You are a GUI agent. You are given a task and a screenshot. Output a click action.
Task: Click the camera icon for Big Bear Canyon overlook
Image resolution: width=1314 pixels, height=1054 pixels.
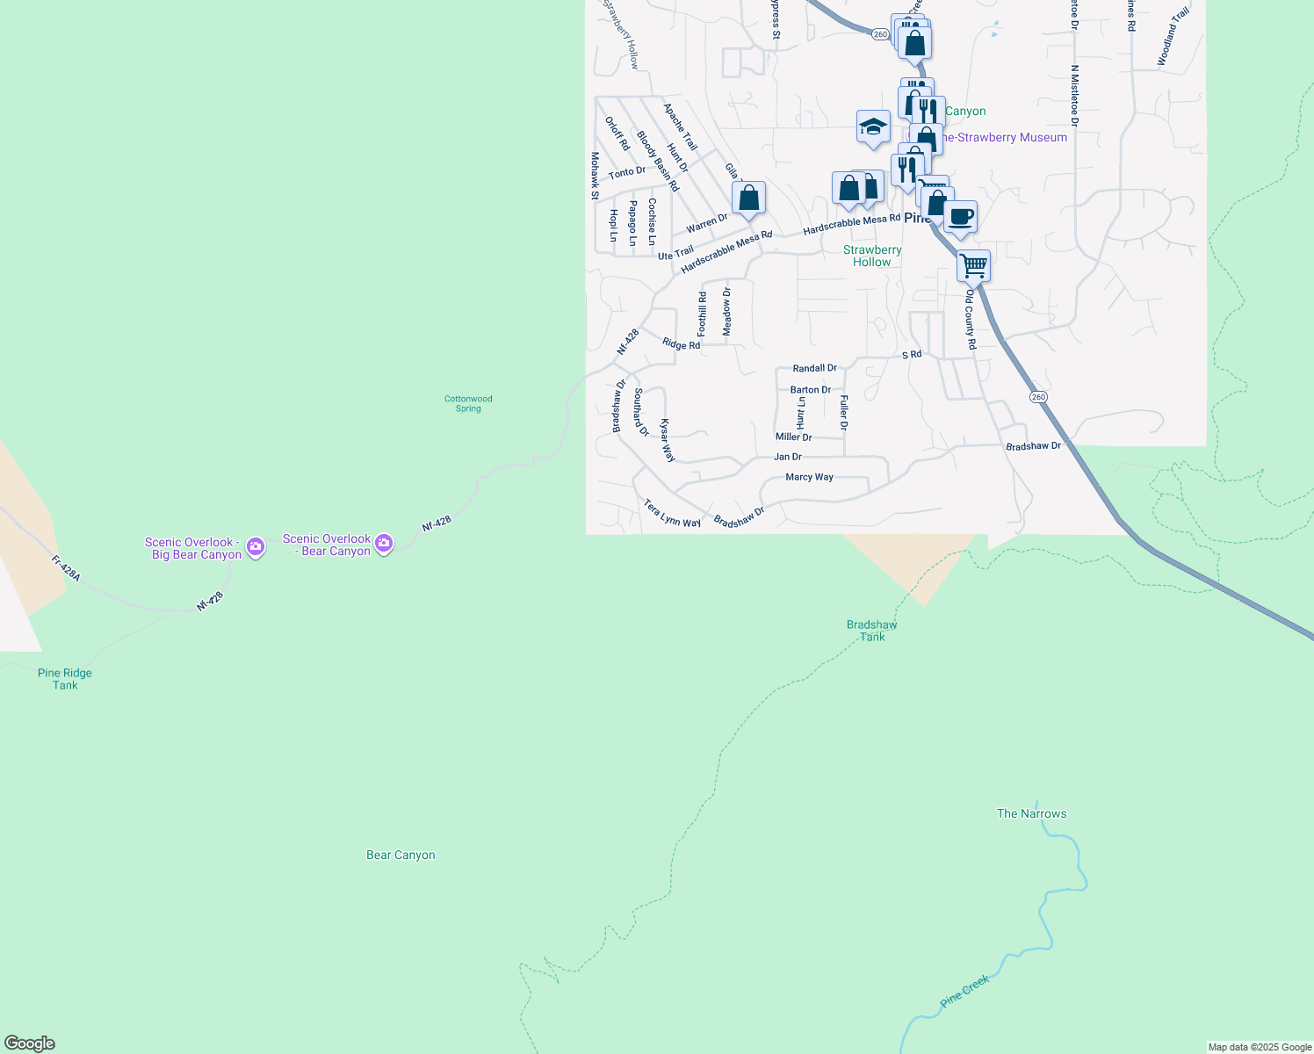256,547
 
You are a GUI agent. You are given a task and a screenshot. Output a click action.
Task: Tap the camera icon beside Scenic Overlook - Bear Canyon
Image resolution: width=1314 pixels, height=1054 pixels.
384,544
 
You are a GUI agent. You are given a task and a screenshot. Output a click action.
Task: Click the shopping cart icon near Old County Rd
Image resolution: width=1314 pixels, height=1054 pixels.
973,264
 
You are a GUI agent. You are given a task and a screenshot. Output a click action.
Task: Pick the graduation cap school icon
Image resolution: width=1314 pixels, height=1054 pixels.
873,126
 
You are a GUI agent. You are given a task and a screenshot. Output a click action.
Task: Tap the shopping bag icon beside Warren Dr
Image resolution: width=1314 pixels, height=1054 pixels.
748,198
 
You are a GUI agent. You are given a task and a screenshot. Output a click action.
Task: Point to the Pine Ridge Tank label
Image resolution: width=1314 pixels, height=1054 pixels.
65,679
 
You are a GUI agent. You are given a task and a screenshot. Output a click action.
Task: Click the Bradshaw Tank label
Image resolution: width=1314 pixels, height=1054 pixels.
871,631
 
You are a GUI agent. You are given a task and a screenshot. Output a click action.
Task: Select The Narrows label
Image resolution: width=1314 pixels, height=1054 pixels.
1031,813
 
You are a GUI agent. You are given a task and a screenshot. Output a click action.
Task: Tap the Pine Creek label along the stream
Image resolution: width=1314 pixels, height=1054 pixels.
964,991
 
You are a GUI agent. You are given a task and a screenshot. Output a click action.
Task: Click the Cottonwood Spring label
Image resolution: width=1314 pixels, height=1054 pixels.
468,403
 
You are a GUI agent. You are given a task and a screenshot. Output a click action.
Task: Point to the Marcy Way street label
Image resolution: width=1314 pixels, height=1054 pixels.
809,477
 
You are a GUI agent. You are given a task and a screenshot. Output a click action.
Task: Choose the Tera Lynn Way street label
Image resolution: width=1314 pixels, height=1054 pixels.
672,514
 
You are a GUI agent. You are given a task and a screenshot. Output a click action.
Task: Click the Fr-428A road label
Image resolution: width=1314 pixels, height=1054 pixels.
66,568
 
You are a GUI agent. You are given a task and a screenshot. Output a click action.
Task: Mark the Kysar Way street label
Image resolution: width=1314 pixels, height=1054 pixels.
668,440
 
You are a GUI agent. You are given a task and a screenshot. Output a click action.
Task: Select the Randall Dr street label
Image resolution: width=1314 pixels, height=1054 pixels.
814,368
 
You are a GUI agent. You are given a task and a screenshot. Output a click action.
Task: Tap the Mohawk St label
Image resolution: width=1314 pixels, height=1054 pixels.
595,176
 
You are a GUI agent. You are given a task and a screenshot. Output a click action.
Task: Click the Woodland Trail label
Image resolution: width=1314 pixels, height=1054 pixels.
1173,36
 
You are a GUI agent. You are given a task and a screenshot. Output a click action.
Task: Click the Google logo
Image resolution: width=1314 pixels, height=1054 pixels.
30,1043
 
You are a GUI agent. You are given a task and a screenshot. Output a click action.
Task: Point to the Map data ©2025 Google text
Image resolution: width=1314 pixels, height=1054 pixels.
1259,1047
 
